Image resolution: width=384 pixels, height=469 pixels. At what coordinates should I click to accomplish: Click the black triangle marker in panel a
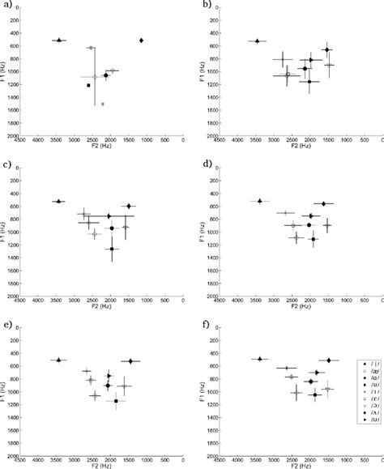[x=58, y=40]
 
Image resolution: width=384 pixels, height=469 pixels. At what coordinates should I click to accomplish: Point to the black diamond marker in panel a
[x=142, y=40]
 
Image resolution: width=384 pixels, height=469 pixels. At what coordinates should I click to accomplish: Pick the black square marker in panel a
[x=89, y=85]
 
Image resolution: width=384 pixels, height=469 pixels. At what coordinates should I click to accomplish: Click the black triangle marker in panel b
[x=257, y=41]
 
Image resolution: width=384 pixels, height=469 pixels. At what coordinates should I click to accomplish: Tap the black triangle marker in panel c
[x=58, y=201]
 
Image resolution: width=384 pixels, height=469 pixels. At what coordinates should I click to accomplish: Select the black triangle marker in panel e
[x=58, y=360]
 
